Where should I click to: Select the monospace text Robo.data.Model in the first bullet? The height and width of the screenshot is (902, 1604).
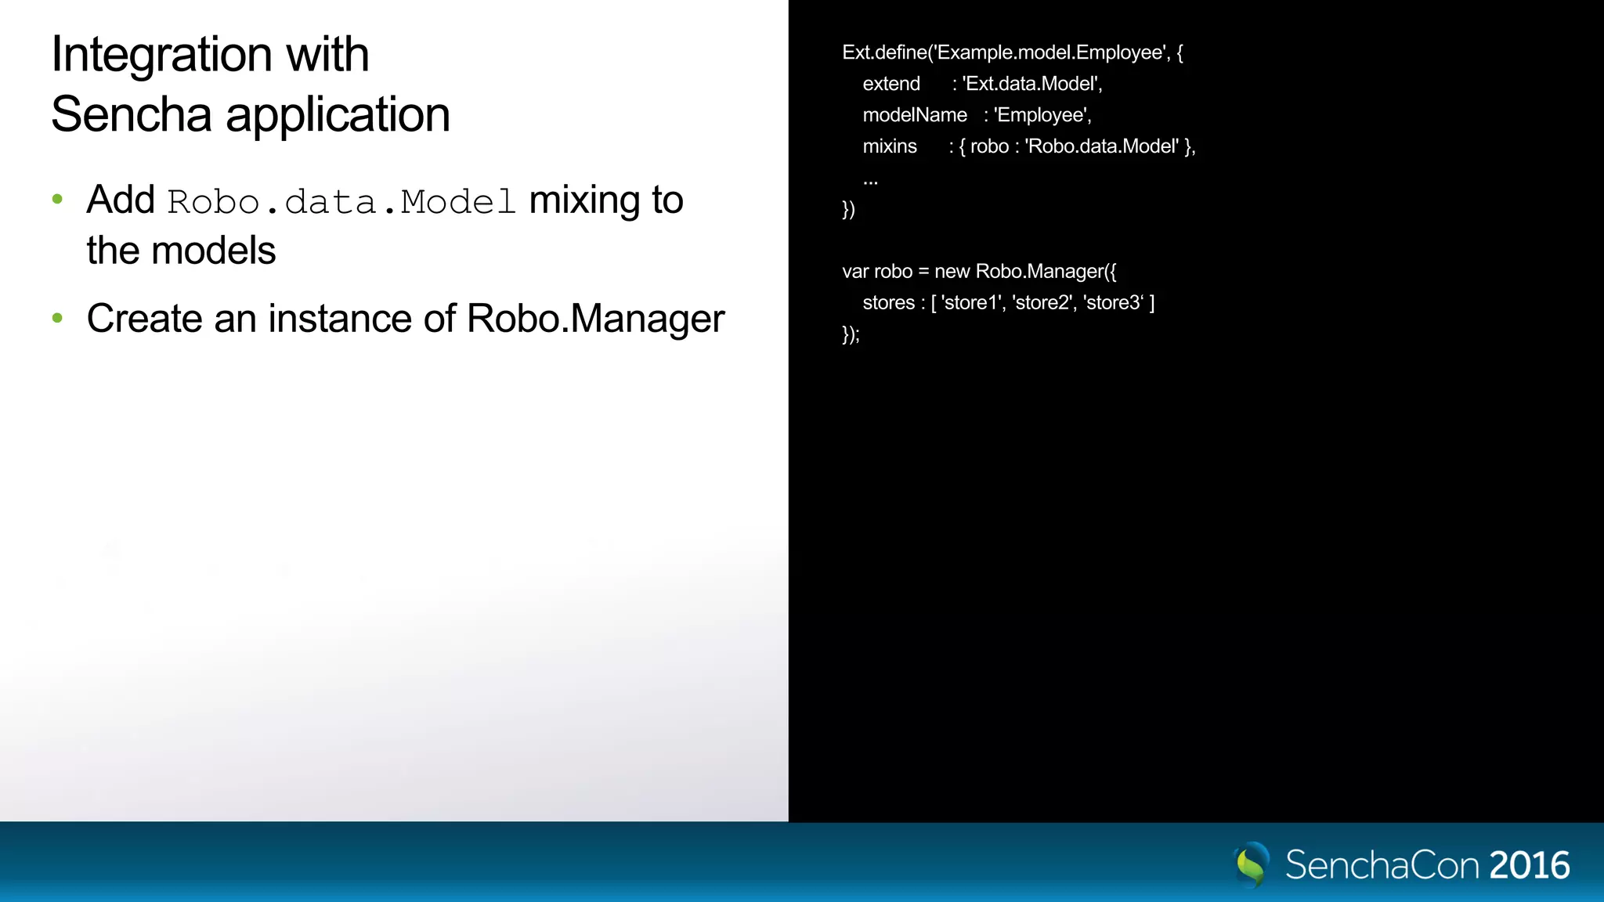(x=341, y=202)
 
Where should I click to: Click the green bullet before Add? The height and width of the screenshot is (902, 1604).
(x=57, y=200)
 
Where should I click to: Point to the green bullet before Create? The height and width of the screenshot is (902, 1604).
(x=57, y=318)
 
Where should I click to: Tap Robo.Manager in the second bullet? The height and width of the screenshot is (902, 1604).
(x=595, y=319)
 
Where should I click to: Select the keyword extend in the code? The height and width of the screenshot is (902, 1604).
(x=891, y=84)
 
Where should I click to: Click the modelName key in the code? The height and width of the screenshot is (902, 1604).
(x=915, y=115)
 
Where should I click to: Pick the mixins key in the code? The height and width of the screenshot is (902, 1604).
(x=890, y=146)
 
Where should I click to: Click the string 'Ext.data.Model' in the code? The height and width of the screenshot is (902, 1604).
(x=1031, y=84)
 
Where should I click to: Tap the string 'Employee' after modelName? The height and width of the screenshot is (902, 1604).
(x=1042, y=115)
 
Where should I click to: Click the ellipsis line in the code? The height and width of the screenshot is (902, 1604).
(x=870, y=181)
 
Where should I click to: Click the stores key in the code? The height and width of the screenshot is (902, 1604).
(x=888, y=303)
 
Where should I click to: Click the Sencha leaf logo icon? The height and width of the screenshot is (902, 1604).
(x=1252, y=864)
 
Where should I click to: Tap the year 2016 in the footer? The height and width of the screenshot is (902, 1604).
(x=1530, y=865)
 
